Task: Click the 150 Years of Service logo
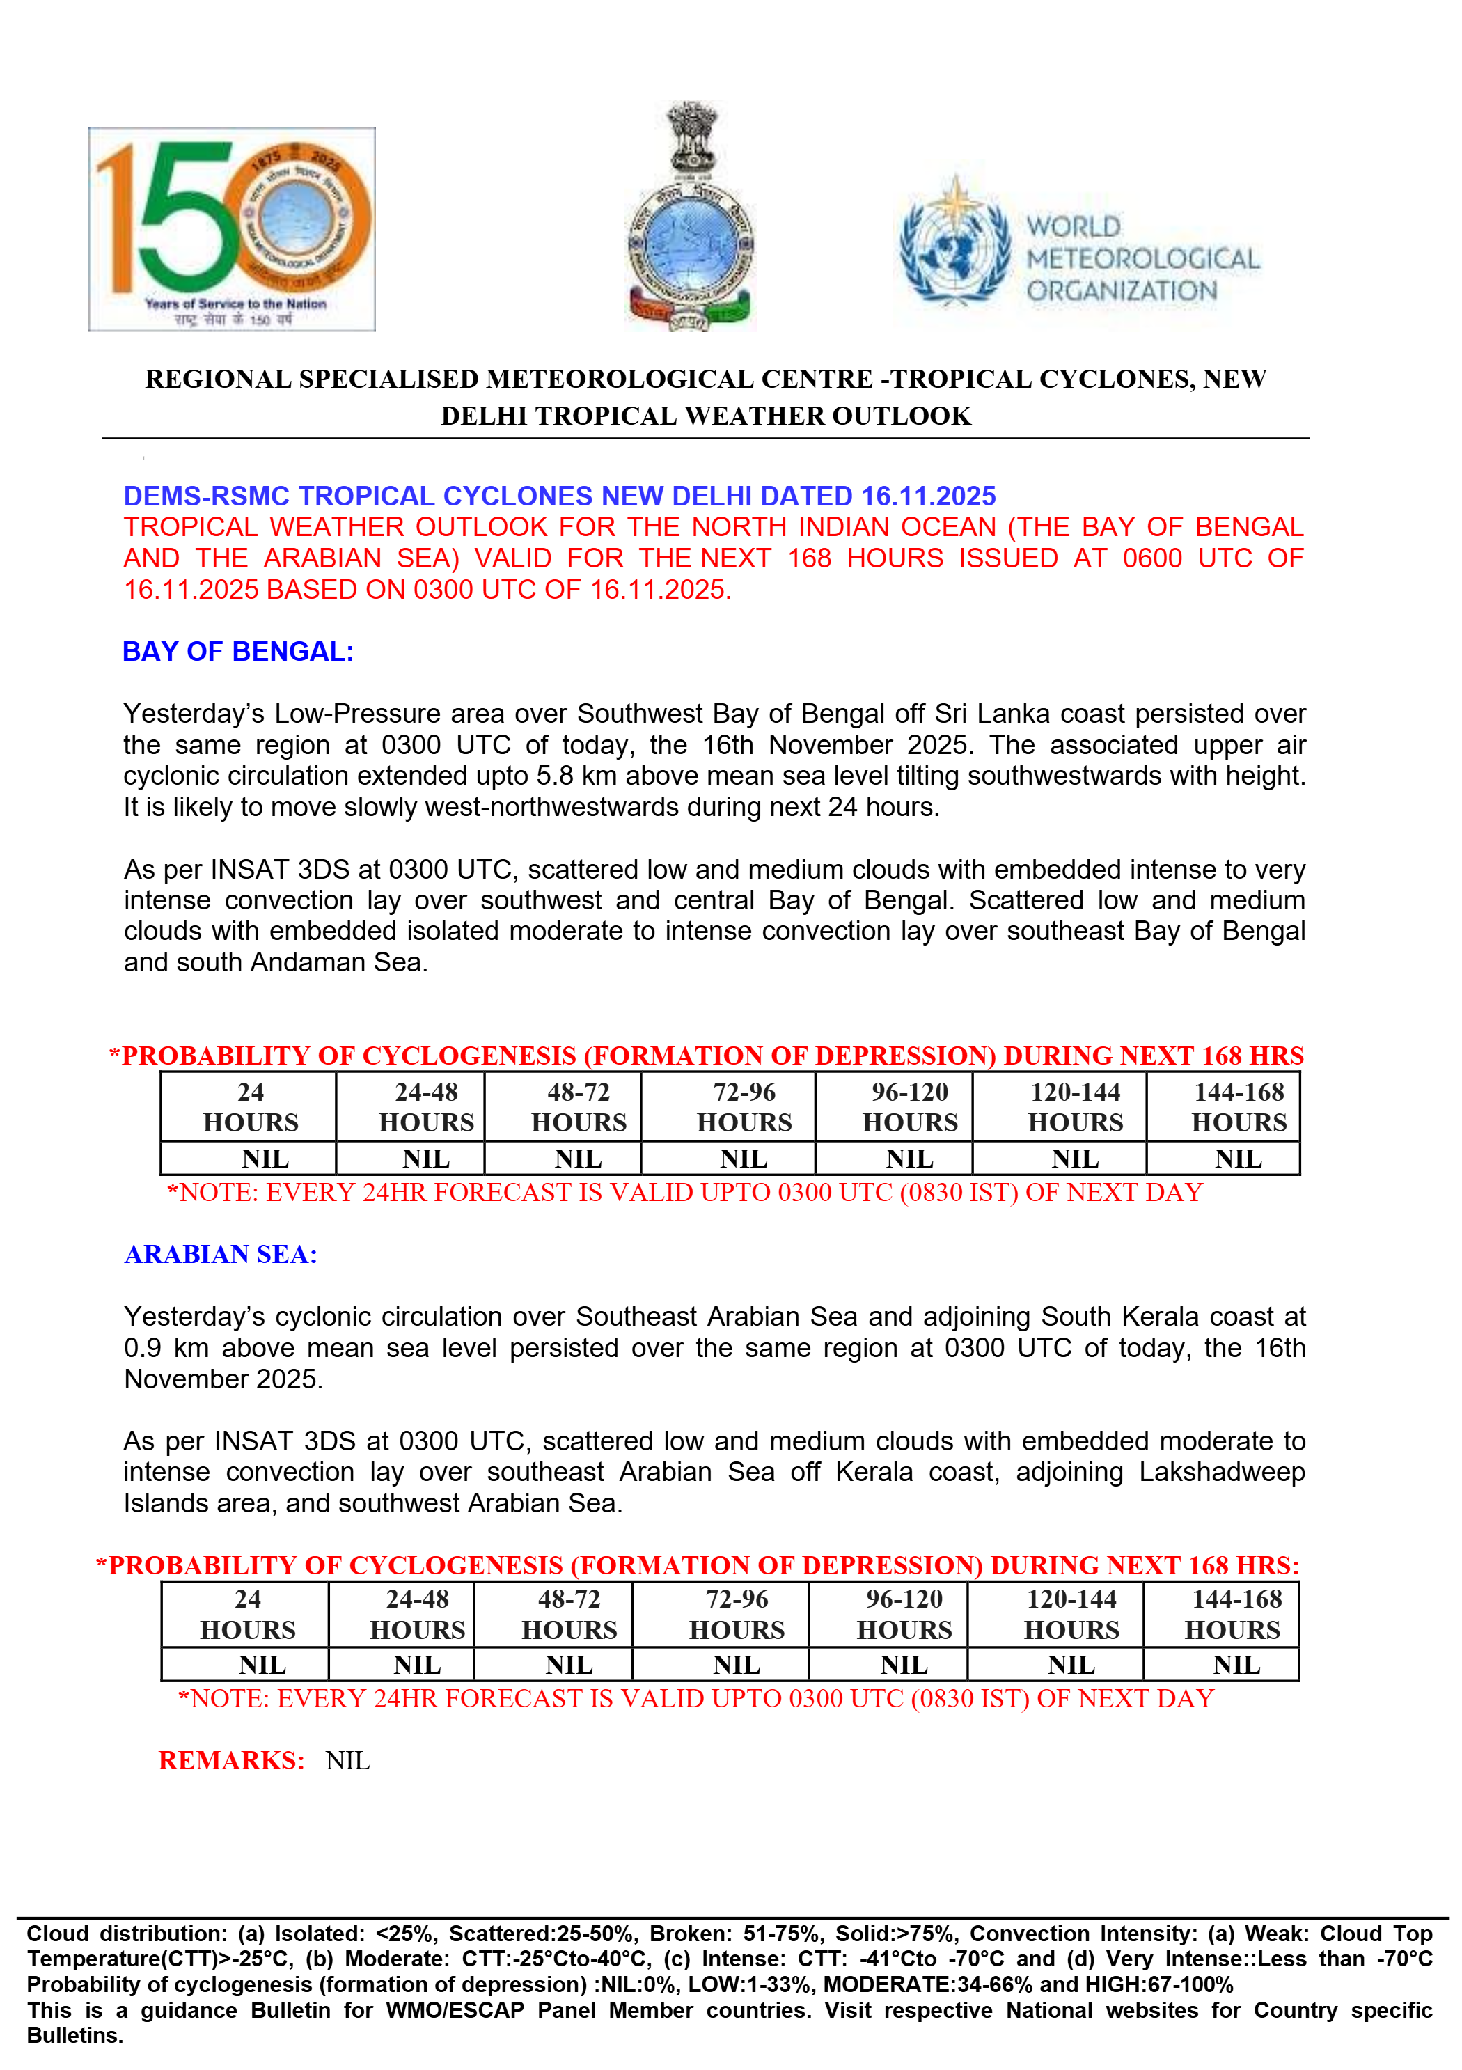232,229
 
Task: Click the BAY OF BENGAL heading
238,652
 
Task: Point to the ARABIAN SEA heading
221,1254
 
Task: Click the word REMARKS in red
230,1760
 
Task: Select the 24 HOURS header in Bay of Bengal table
250,1107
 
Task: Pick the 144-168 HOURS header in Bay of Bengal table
1239,1107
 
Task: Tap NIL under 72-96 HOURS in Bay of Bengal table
744,1159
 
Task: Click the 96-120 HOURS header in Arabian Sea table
904,1614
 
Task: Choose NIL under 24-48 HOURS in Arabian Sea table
416,1665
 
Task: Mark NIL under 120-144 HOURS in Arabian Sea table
1071,1665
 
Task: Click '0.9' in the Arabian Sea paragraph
143,1348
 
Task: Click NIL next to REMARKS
348,1760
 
